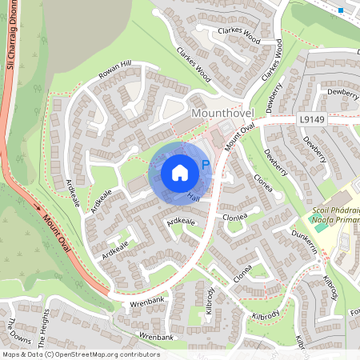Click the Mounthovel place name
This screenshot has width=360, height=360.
click(x=221, y=114)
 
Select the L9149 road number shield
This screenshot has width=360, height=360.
click(x=313, y=119)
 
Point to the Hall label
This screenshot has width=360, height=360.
click(x=193, y=196)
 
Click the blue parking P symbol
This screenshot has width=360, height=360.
click(x=205, y=165)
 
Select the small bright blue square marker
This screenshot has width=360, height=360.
click(x=342, y=10)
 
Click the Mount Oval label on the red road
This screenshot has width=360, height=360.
click(x=58, y=234)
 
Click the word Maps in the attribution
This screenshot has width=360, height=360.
click(x=11, y=354)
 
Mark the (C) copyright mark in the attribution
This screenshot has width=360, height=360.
click(x=50, y=354)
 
